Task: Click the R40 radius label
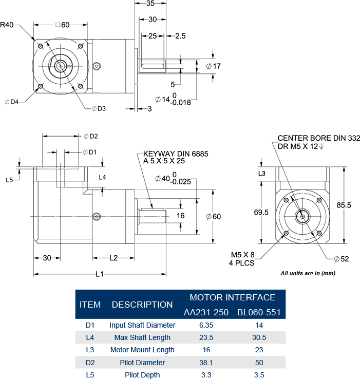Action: tap(8, 24)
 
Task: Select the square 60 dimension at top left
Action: tap(61, 25)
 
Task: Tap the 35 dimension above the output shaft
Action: tap(150, 4)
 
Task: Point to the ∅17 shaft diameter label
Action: tap(213, 66)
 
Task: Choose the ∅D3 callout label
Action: tap(99, 108)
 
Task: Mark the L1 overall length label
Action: tap(100, 274)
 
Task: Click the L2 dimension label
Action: tap(113, 257)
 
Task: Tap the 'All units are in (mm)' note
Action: tap(308, 273)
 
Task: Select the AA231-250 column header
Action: tap(205, 312)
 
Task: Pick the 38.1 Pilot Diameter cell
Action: tap(205, 363)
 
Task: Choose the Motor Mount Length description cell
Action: tap(142, 350)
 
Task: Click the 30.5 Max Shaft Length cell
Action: tap(259, 337)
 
